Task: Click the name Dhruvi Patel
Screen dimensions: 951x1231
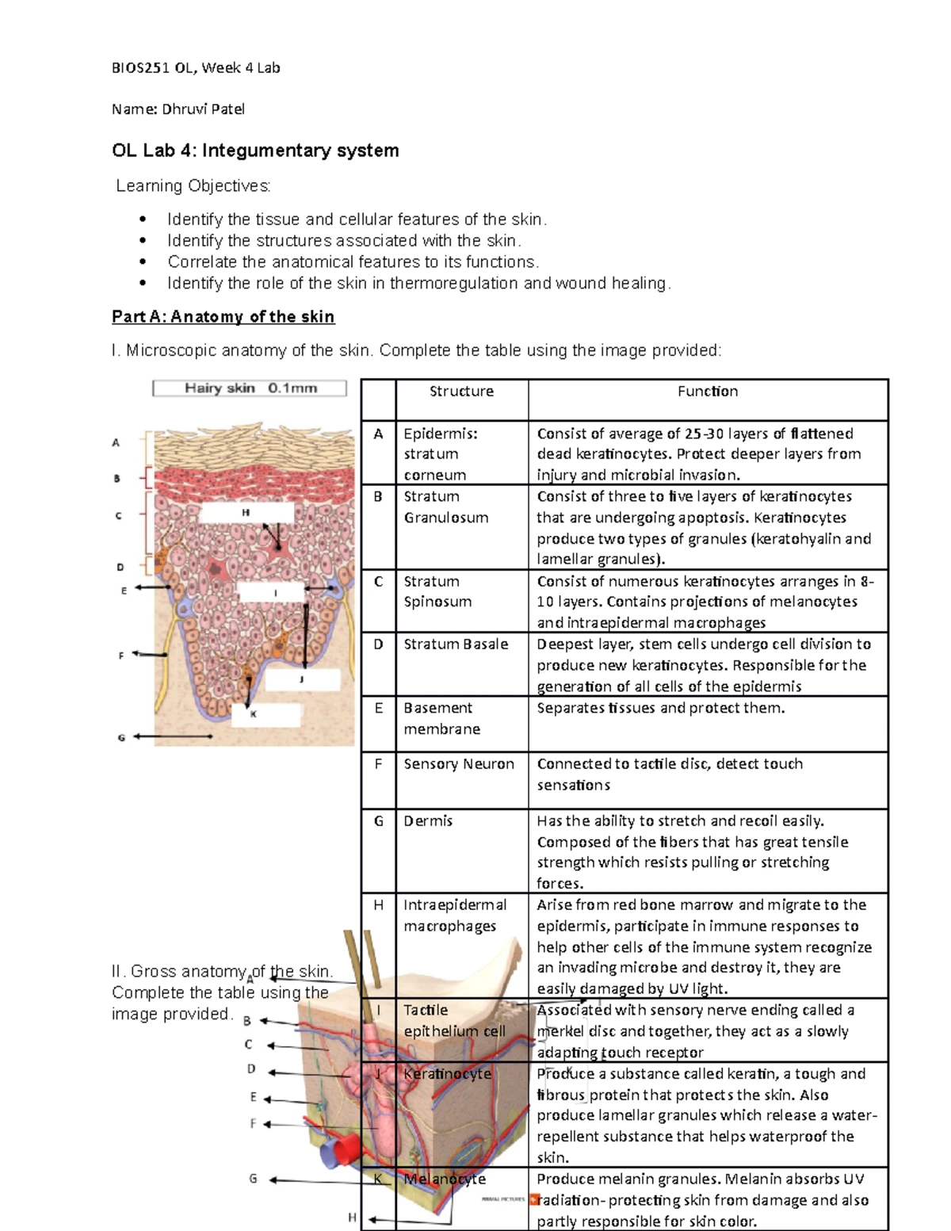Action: pos(203,109)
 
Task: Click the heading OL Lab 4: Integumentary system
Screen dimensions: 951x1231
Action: pos(255,151)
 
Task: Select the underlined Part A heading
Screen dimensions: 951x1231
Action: pos(223,317)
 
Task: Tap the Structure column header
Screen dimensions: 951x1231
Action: pos(461,392)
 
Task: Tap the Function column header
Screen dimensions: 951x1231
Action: pos(707,392)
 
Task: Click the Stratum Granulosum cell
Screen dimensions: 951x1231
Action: pos(445,507)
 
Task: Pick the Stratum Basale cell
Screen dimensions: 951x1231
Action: pos(456,644)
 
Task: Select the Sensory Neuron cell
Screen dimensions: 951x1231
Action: pos(459,764)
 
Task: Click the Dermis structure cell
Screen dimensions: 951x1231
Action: pos(428,821)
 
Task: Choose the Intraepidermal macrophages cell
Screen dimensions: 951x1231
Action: pos(454,916)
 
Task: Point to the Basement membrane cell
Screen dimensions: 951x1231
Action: pos(441,718)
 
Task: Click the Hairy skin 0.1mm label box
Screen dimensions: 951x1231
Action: pos(250,388)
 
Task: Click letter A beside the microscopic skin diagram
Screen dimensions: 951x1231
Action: pos(116,443)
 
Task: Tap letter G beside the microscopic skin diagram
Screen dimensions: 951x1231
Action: pos(121,738)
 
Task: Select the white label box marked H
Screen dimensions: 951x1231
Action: pos(246,513)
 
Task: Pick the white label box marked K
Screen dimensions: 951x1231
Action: pos(266,714)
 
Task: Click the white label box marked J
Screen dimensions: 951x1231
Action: pos(302,679)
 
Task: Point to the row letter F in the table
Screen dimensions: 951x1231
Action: pos(378,764)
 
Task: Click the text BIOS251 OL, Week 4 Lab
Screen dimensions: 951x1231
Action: pos(196,68)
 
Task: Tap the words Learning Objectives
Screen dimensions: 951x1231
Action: pos(193,186)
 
